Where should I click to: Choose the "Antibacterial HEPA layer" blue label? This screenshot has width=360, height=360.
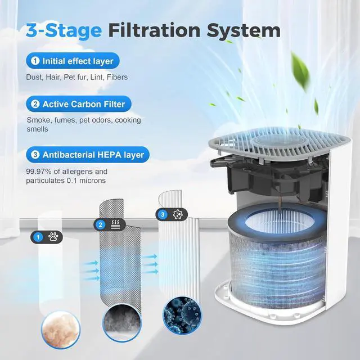[x=88, y=154]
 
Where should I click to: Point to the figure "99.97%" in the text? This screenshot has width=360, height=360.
[x=41, y=171]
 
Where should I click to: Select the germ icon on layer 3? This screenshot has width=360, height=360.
[x=177, y=214]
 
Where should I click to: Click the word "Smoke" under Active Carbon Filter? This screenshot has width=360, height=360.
[x=38, y=120]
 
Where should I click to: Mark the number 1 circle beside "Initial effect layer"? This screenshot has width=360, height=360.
[x=35, y=60]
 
